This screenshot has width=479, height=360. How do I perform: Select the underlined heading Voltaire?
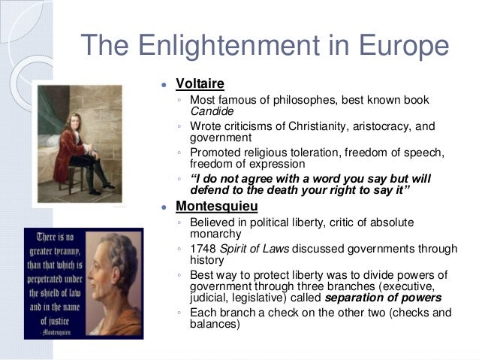point(200,83)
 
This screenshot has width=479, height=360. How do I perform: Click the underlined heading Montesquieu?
point(218,205)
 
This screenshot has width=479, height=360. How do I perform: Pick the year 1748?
point(204,249)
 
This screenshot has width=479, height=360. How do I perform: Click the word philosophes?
point(307,100)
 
